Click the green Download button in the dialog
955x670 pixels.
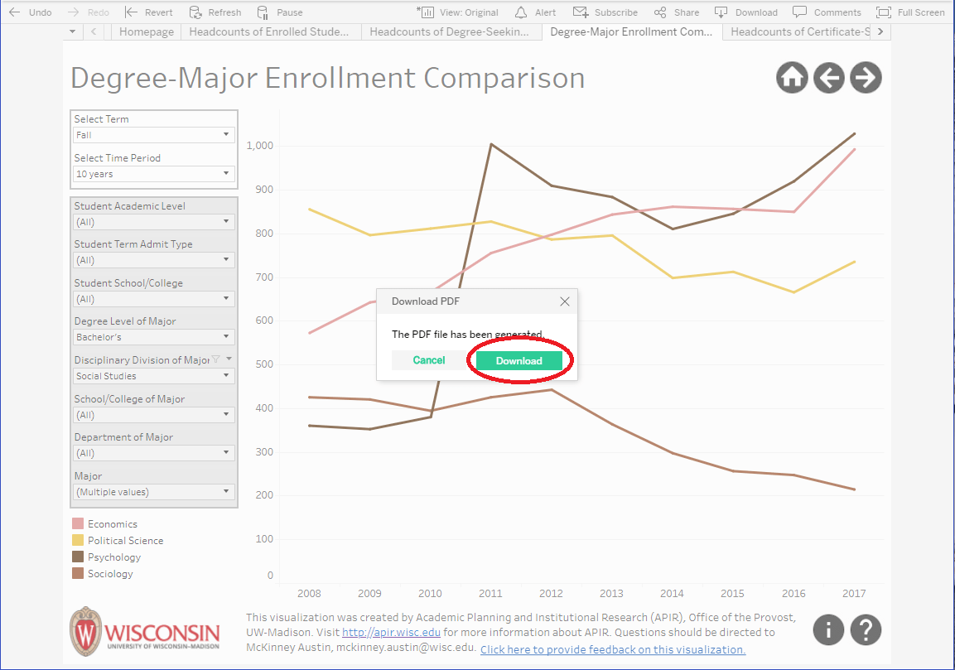click(x=519, y=360)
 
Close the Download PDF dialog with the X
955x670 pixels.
click(x=565, y=301)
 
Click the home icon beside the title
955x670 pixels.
click(x=792, y=78)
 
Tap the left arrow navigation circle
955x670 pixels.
click(x=828, y=78)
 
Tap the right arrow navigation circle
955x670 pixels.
click(x=866, y=78)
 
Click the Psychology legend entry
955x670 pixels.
click(x=113, y=557)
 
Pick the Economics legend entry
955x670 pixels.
click(x=112, y=524)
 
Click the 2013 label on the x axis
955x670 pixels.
click(x=611, y=593)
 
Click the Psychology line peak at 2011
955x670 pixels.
click(x=490, y=144)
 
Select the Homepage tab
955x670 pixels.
click(x=147, y=31)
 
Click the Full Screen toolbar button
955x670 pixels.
click(x=910, y=12)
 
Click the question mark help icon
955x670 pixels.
click(x=866, y=629)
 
